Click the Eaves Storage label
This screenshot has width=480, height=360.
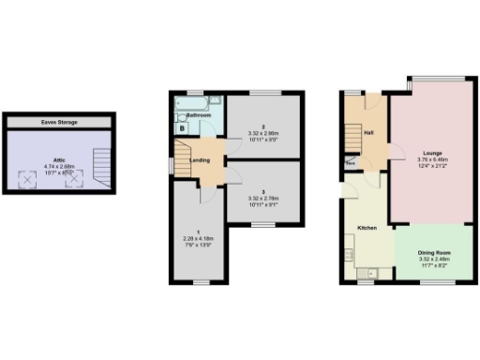(x=59, y=123)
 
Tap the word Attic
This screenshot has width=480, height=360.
(x=57, y=161)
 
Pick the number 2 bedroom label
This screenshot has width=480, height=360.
(x=265, y=127)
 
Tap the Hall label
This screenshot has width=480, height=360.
(x=368, y=132)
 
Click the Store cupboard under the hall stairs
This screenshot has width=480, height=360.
(x=351, y=164)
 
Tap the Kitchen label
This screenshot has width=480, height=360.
(x=367, y=228)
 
